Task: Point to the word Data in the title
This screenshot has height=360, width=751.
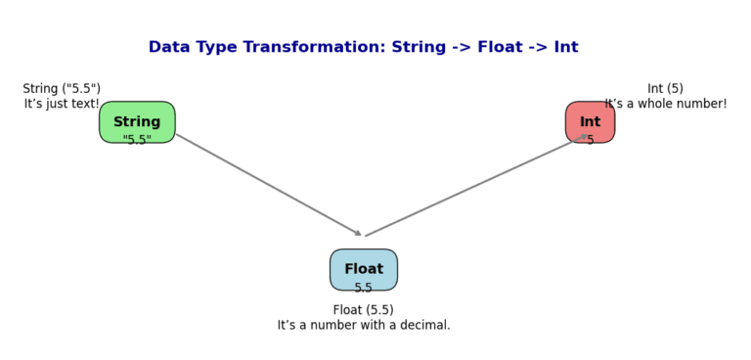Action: pyautogui.click(x=169, y=47)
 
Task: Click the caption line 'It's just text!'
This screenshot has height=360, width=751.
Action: pyautogui.click(x=62, y=104)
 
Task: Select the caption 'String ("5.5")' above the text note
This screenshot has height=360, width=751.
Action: pyautogui.click(x=62, y=89)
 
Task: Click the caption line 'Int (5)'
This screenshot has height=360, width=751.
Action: pyautogui.click(x=665, y=89)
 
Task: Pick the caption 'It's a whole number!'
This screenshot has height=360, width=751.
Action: pyautogui.click(x=666, y=104)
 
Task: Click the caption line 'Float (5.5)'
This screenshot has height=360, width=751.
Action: pyautogui.click(x=364, y=310)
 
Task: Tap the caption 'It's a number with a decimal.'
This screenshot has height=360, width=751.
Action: pyautogui.click(x=364, y=325)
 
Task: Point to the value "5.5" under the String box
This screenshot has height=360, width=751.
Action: pyautogui.click(x=137, y=140)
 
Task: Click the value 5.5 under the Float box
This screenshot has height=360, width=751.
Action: pyautogui.click(x=364, y=288)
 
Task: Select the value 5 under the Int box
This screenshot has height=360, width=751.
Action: pyautogui.click(x=591, y=140)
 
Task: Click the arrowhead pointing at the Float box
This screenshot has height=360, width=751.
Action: pyautogui.click(x=359, y=234)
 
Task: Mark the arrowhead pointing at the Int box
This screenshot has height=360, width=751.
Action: pyautogui.click(x=583, y=137)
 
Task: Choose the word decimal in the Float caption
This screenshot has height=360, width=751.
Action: pyautogui.click(x=421, y=325)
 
